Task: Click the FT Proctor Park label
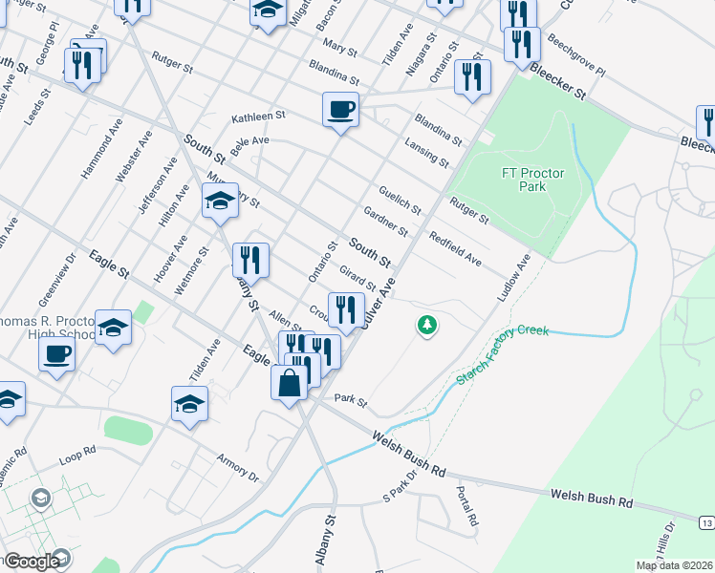tap(532, 180)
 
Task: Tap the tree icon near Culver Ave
tap(426, 326)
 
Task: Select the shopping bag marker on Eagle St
tap(289, 384)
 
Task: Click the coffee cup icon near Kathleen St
tap(340, 109)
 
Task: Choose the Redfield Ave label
tap(454, 249)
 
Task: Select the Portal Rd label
tap(466, 507)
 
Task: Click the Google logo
tap(31, 562)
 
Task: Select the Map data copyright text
tap(674, 565)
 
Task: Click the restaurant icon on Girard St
tap(346, 309)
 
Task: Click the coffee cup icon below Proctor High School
tap(56, 355)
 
